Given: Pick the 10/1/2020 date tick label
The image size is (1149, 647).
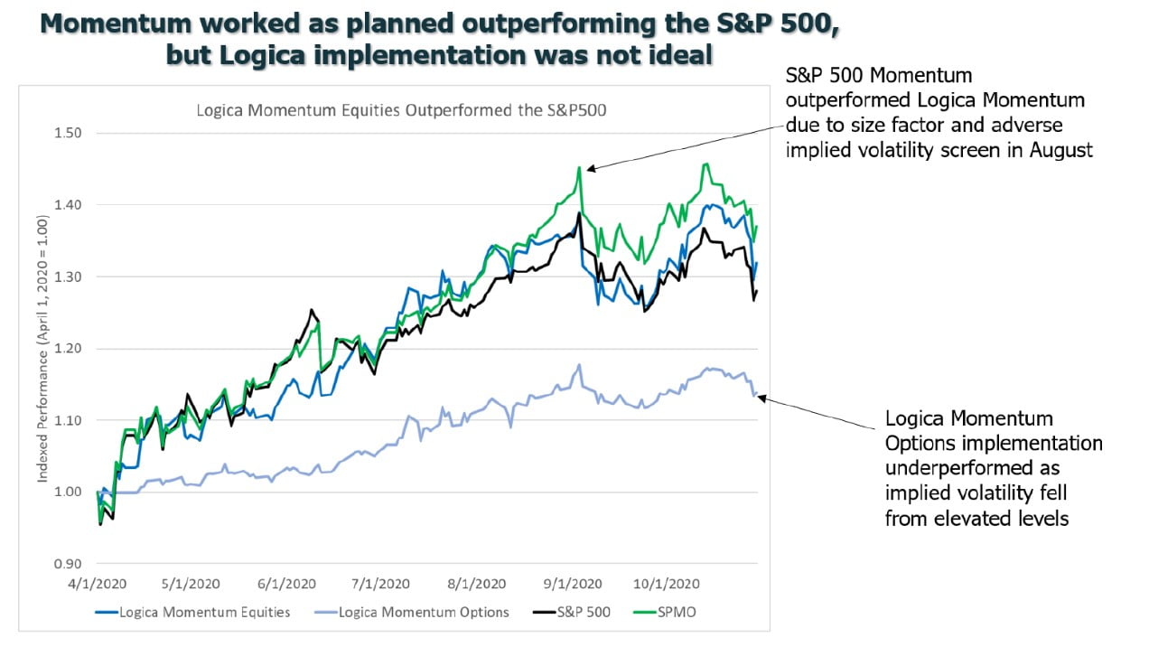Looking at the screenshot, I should [x=669, y=584].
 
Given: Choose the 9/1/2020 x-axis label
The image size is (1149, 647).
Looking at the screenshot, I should [x=573, y=584].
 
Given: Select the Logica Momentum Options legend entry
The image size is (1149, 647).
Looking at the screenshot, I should [x=424, y=612].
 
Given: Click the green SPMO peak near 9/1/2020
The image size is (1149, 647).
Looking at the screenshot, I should [x=579, y=168].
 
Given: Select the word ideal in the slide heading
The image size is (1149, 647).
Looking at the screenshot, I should [x=680, y=55].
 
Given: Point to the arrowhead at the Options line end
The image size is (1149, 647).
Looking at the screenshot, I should [x=761, y=397].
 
